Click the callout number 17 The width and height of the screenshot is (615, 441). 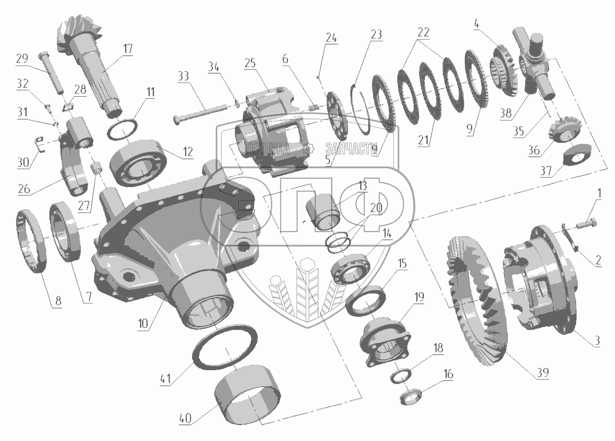click(x=128, y=49)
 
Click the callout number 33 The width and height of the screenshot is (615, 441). click(x=183, y=76)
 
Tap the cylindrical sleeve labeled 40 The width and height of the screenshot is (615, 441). click(x=246, y=399)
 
